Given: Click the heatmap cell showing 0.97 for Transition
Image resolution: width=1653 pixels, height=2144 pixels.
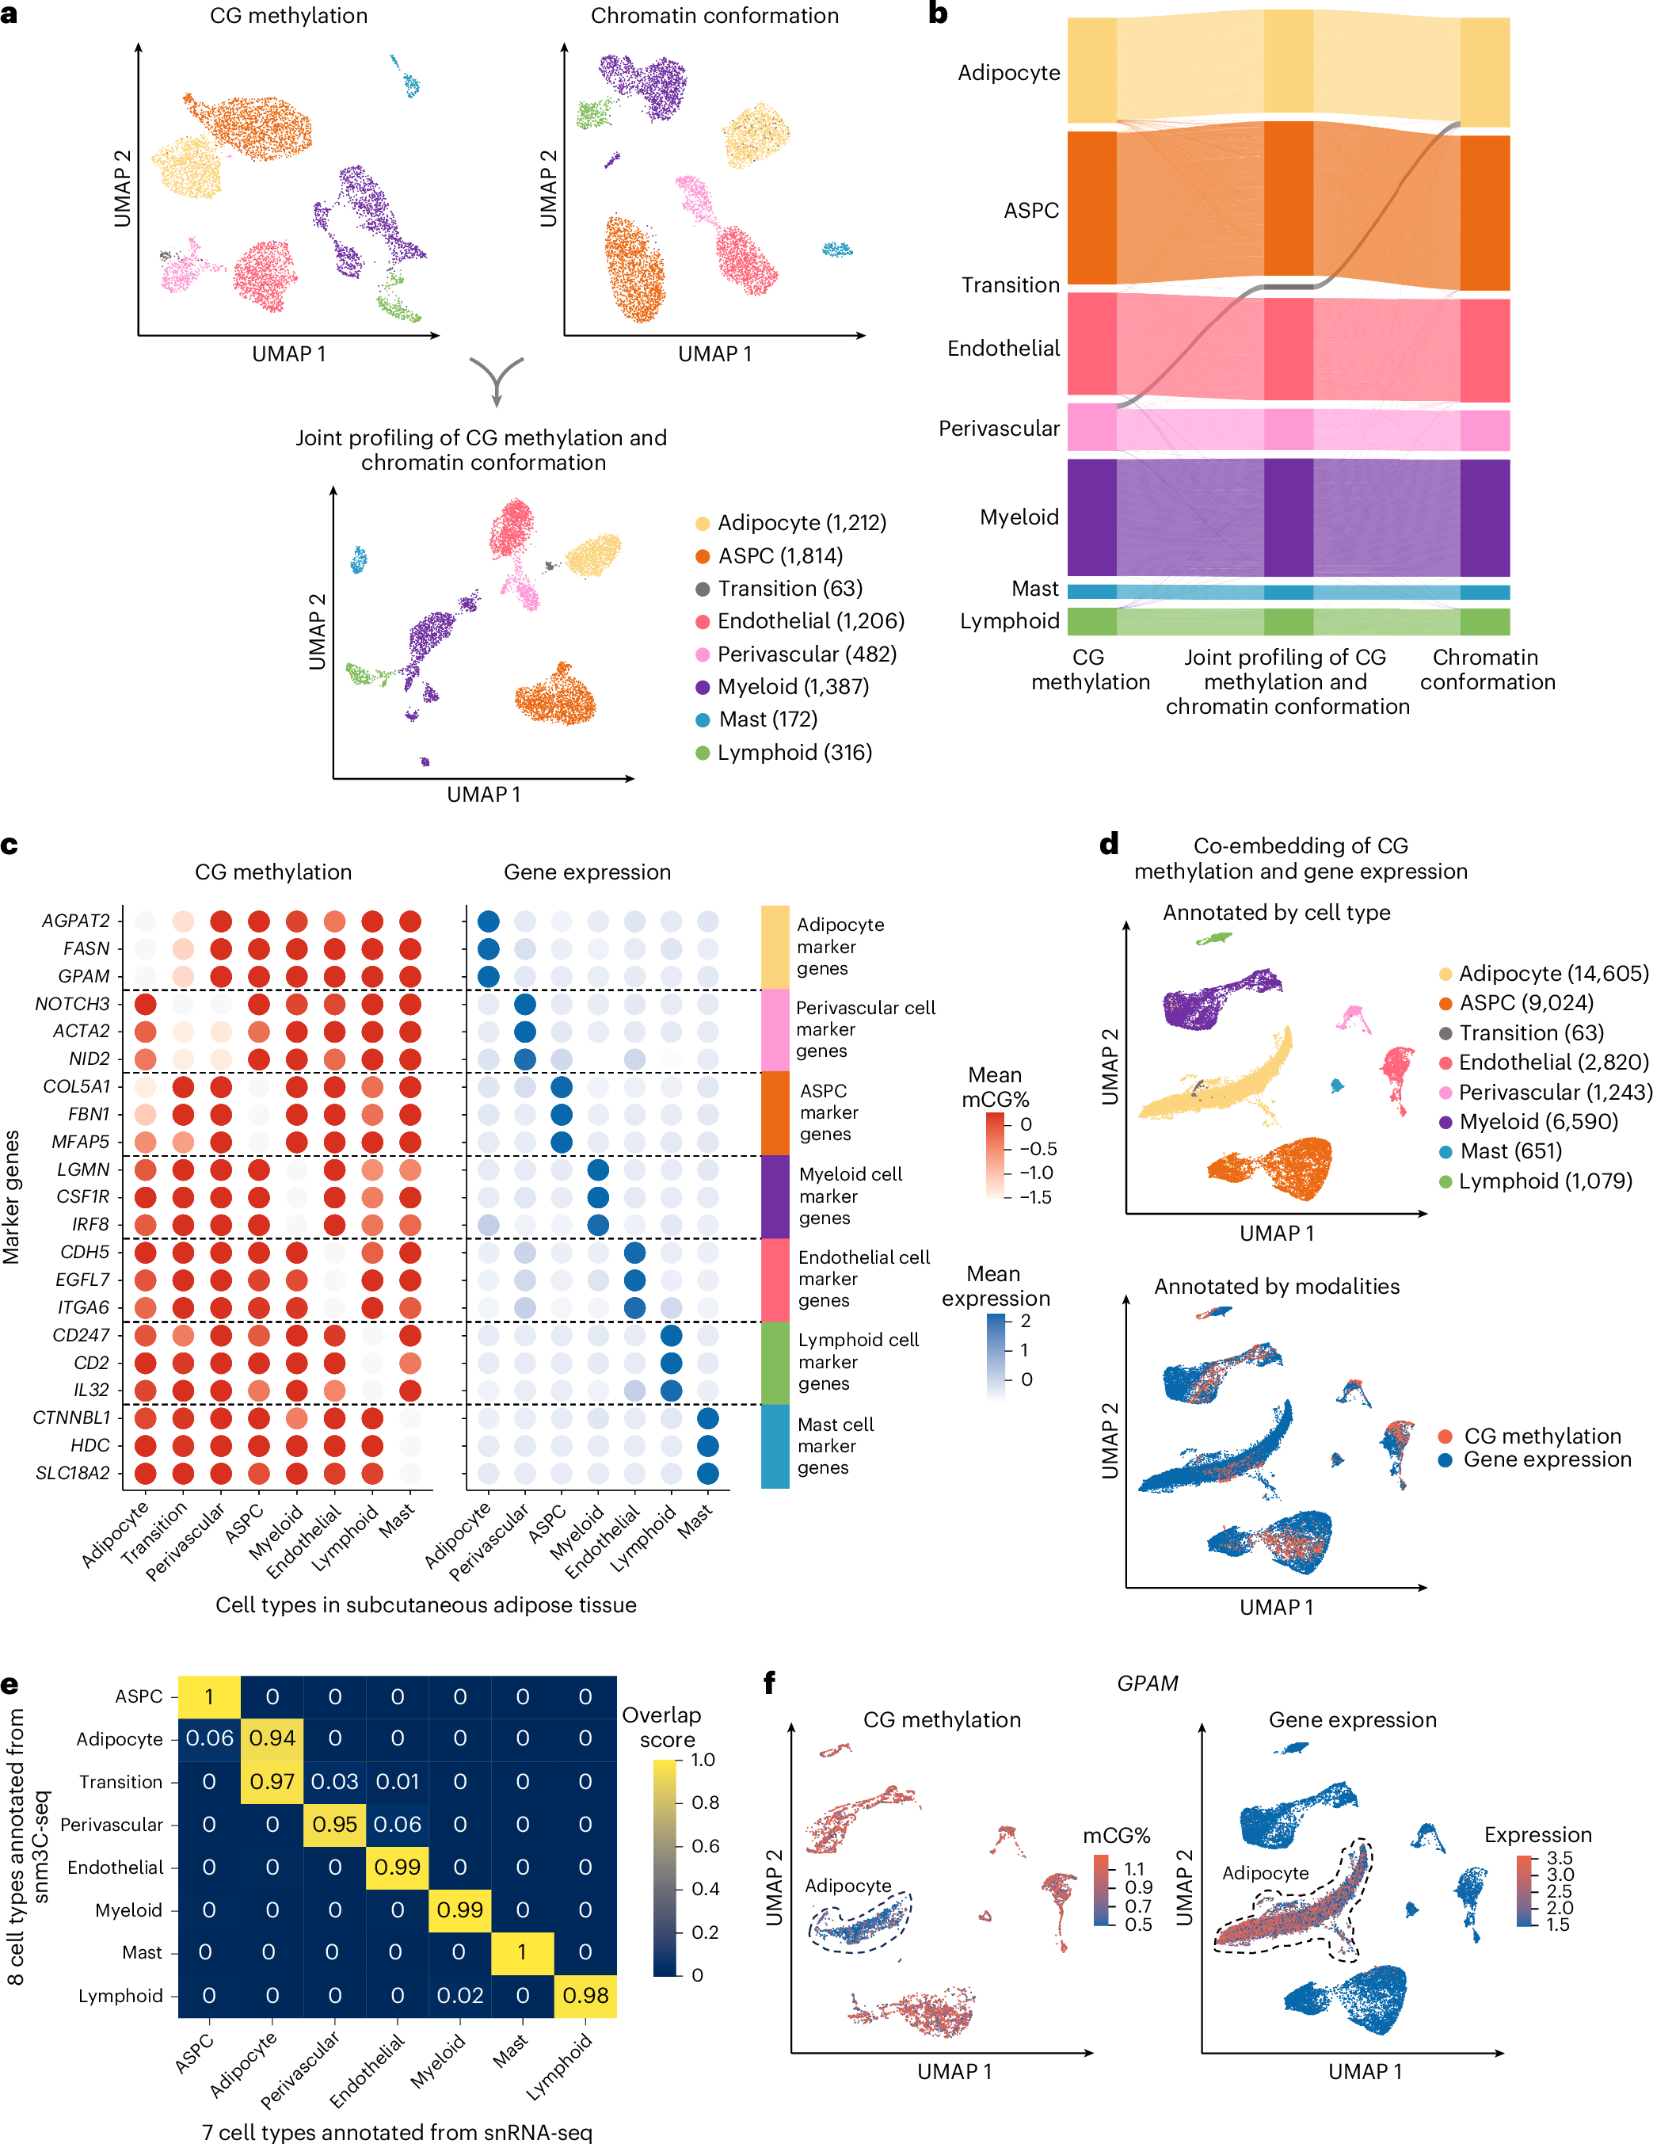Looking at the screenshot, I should [272, 1781].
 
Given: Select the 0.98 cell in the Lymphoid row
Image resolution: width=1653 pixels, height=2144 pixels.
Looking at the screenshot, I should [586, 1995].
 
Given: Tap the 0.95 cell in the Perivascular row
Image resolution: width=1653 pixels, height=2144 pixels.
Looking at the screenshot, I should [335, 1824].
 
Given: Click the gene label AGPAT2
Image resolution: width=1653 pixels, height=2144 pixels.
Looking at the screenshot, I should [75, 920].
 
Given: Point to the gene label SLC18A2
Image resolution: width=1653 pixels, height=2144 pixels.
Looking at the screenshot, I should [73, 1473].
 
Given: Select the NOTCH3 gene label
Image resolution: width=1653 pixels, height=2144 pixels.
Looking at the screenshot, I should [73, 1003].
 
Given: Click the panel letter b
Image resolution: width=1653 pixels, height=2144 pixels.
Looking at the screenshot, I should [938, 13].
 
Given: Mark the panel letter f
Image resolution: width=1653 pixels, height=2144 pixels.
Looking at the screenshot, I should [770, 1683].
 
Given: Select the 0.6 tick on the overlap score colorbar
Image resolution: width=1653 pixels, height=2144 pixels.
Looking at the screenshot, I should [705, 1845].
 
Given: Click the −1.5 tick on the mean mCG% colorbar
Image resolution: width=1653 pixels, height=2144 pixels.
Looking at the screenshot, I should [1034, 1196].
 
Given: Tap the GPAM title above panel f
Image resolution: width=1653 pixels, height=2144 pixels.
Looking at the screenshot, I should [1147, 1683].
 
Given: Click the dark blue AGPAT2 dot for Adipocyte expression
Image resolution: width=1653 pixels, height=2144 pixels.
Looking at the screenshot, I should [488, 921].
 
